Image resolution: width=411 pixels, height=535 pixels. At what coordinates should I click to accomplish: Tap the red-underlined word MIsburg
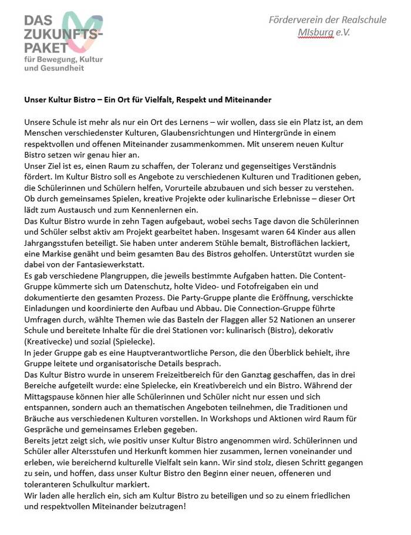coord(315,32)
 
